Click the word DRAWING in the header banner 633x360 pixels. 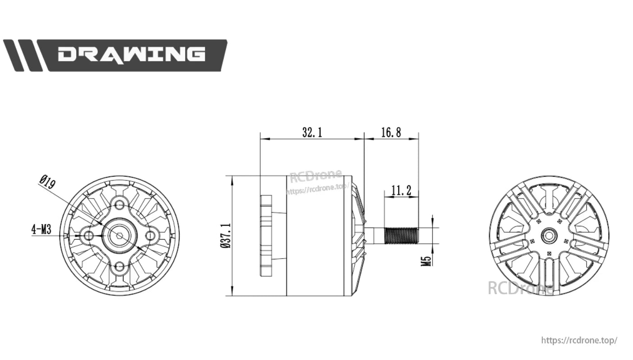tap(131, 55)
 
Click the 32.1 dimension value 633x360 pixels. tap(312, 132)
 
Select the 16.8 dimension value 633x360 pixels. tap(391, 132)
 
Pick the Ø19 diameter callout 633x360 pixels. tap(47, 183)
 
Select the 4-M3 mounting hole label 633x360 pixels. tap(41, 229)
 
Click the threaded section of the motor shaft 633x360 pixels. tap(401, 235)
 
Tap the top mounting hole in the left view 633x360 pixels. tap(119, 205)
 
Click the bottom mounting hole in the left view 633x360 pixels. tap(119, 266)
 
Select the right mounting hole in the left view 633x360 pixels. tap(150, 235)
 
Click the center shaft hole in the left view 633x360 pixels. tap(119, 235)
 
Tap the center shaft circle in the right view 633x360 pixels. tap(549, 235)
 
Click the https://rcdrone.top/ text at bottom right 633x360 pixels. tap(579, 340)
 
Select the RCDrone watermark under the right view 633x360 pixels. tap(521, 287)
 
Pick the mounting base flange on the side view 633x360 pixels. tap(266, 235)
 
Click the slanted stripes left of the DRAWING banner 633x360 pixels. tap(23, 55)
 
